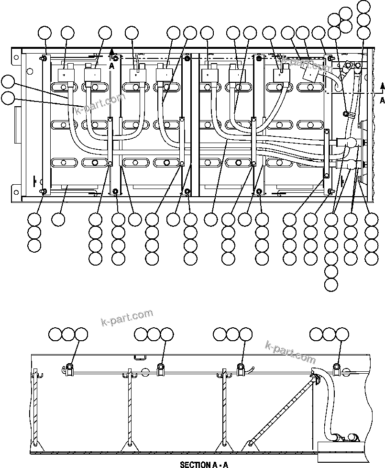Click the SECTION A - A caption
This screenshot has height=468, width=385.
(x=204, y=464)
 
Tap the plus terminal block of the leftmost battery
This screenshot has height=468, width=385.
(x=64, y=75)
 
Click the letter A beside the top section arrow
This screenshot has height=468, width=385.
(x=111, y=66)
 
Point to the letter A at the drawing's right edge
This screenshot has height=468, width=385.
(x=382, y=100)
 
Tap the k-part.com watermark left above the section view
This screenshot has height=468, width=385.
(x=127, y=318)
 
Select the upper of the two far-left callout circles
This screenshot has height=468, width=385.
(x=8, y=81)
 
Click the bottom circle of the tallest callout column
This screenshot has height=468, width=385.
(x=331, y=285)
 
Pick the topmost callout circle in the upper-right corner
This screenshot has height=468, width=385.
(x=364, y=7)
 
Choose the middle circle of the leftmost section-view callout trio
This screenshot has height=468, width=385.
(x=69, y=334)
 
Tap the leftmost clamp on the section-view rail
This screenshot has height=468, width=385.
(x=69, y=368)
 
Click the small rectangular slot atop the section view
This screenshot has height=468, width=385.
(x=140, y=357)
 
